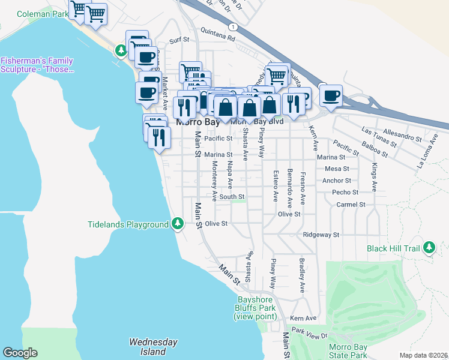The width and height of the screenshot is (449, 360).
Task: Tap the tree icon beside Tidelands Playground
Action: click(177, 224)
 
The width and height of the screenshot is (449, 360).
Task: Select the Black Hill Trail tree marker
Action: click(429, 247)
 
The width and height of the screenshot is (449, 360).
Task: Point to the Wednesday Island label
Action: click(154, 347)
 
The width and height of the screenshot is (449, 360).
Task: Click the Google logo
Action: click(20, 353)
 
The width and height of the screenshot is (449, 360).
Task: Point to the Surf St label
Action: click(179, 41)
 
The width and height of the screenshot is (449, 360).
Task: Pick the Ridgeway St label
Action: click(321, 235)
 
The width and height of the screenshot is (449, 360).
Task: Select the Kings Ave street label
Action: click(374, 177)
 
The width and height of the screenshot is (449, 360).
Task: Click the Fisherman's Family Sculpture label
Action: click(37, 65)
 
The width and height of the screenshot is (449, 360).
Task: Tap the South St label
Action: click(232, 197)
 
